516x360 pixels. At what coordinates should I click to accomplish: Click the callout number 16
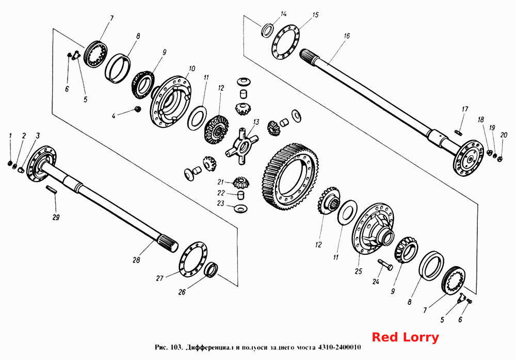pos(347,36)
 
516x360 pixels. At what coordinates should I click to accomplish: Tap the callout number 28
pos(136,260)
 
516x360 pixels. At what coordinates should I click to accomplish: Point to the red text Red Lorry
pos(406,337)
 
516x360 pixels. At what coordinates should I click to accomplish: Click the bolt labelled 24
pos(385,265)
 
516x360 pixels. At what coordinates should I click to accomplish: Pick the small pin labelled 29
pos(52,190)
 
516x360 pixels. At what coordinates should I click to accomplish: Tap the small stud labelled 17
pos(458,132)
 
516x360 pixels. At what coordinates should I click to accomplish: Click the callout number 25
pos(359,271)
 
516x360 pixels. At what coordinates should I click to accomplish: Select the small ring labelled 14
pos(267,29)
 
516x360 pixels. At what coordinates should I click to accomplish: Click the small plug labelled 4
pos(138,109)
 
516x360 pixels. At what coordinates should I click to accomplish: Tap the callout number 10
pos(191,69)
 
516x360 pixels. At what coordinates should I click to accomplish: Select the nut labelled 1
pos(10,163)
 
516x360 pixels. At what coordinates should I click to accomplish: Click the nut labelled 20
pos(501,159)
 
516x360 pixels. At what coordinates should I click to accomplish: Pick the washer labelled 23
pos(240,208)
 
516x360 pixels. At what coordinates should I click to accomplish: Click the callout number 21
pos(220,182)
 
